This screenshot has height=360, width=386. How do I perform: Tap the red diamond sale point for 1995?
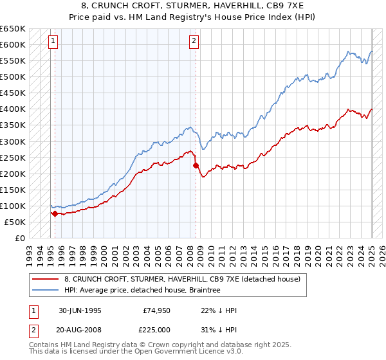click(x=55, y=213)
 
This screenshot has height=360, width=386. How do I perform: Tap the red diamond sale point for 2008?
click(x=196, y=165)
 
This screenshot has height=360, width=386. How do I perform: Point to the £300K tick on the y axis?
click(x=14, y=141)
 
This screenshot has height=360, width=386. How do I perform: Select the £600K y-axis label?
click(x=14, y=44)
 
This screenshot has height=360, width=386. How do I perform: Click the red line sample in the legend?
click(x=46, y=279)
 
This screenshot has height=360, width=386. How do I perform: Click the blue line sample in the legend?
click(x=46, y=290)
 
